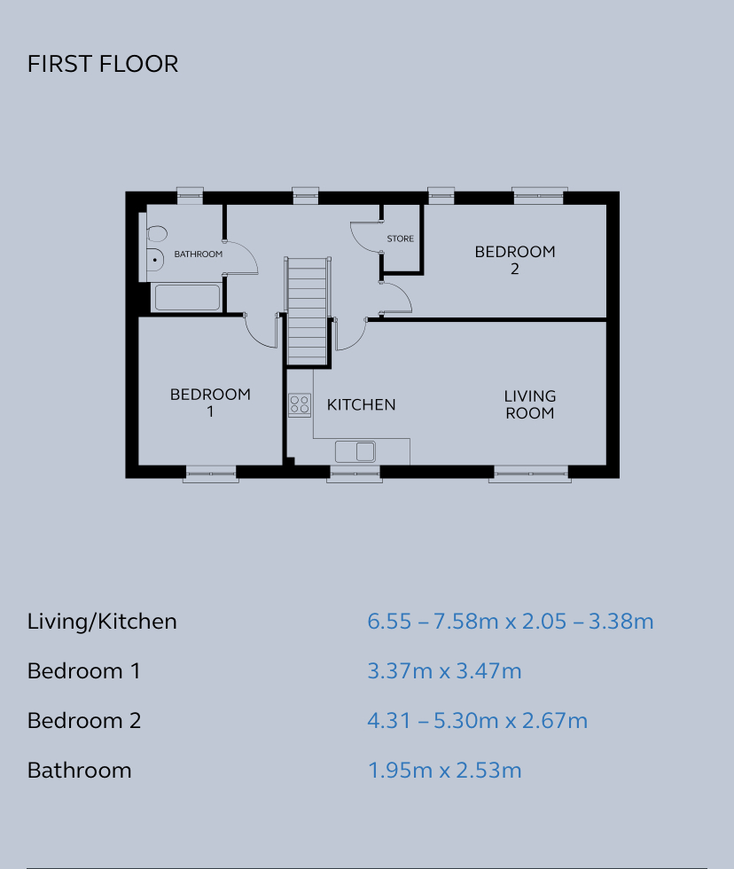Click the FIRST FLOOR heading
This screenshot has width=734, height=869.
point(103,64)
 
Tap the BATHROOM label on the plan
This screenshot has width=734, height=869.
point(198,254)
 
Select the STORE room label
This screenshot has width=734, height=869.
point(400,239)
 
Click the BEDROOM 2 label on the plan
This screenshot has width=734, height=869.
point(515,260)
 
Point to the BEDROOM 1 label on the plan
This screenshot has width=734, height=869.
point(210,403)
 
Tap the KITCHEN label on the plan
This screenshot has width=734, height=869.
point(361,405)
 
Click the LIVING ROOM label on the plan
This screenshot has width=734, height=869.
point(530,404)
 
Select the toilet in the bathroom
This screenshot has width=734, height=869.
point(158,234)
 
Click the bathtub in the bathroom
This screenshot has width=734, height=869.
point(187,297)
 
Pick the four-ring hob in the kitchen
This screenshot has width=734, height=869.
point(300,405)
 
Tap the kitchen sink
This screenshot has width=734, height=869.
point(355,450)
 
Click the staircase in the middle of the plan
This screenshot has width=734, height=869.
point(308,309)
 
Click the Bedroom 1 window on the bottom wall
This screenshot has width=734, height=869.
point(211,474)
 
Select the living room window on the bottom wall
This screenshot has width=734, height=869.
point(530,474)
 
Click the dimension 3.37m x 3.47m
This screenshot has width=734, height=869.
point(444,671)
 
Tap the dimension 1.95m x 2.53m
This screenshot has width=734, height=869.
point(444,771)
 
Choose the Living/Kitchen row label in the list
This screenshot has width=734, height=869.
point(102,622)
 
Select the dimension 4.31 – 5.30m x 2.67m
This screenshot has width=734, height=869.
point(477,721)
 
